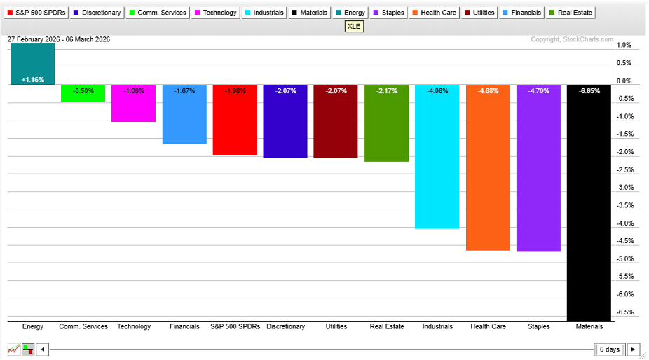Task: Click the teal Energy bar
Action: tap(32, 64)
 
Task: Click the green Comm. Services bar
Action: tap(83, 94)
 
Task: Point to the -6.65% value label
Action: tap(589, 91)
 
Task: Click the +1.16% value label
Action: tap(32, 80)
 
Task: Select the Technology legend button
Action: tap(215, 13)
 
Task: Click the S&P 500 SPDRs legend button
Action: tap(36, 13)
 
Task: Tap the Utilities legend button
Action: tap(479, 13)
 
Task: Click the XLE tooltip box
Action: tap(355, 27)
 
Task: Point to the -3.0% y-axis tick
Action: tap(625, 188)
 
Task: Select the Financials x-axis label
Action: tap(184, 326)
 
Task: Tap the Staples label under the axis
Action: tap(538, 326)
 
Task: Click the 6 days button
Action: tap(609, 349)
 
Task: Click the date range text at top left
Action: tap(59, 39)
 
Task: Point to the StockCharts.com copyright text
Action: tap(571, 40)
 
